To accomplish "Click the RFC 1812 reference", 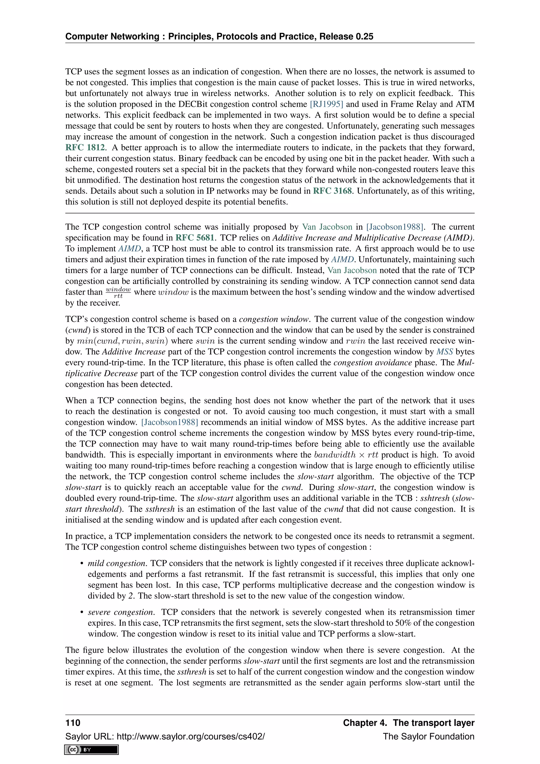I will click(x=85, y=147).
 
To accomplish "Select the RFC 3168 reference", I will click(x=332, y=191).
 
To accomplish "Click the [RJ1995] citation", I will click(x=326, y=104).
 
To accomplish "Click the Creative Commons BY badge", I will click(x=92, y=749).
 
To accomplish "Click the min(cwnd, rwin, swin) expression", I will click(x=122, y=341).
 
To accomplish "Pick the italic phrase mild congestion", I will click(x=117, y=563).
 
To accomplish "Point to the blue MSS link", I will click(x=444, y=352).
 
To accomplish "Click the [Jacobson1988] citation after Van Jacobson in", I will click(x=395, y=227).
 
